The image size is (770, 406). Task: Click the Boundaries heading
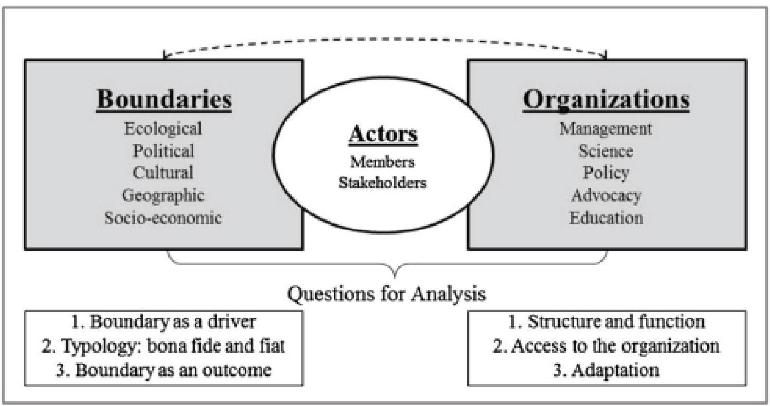point(164,100)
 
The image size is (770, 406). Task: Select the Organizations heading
point(606,100)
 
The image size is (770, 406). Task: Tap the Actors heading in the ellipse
point(383,134)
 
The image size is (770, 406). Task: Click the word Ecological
point(163,128)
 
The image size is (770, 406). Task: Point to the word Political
point(163,151)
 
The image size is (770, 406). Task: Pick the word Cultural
point(163,173)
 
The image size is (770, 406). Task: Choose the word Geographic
point(163,195)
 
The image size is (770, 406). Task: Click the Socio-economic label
point(163,217)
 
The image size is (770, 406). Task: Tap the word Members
point(383,161)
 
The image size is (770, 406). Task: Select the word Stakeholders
point(383,183)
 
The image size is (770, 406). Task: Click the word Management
point(606,128)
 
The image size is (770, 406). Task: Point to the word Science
point(606,151)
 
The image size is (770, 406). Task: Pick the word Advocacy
point(606,195)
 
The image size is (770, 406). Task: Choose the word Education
point(606,217)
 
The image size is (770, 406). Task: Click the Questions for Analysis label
point(386,294)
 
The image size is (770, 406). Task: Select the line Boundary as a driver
point(163,321)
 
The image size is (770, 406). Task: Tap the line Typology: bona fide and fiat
point(163,346)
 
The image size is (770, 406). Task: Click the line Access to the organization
point(606,346)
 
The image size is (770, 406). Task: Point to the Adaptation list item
point(606,370)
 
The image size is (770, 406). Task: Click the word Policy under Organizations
point(606,173)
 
